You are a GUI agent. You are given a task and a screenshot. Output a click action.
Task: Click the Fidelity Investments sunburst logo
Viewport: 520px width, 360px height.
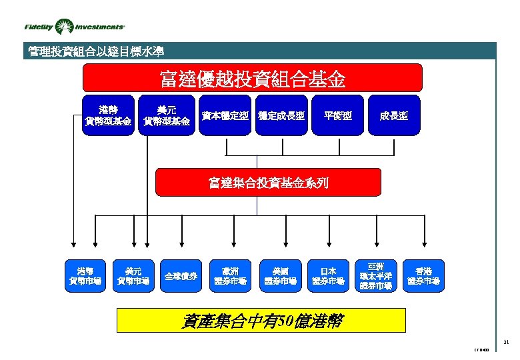(x=65, y=27)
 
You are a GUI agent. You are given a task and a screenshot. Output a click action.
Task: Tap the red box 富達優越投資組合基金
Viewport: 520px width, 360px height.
(x=252, y=79)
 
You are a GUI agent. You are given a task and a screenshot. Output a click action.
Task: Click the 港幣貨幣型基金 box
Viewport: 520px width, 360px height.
(x=108, y=115)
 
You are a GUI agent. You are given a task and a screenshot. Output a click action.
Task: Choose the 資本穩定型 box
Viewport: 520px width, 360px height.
(x=225, y=116)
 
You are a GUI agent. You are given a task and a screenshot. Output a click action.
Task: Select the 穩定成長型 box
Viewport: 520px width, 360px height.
(x=281, y=116)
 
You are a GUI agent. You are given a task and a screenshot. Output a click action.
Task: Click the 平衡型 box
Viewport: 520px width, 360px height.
(x=337, y=116)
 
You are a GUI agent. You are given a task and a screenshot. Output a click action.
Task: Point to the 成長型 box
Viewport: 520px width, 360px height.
(x=393, y=116)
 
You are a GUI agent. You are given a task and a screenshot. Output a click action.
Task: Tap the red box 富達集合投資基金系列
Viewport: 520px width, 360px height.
(x=268, y=183)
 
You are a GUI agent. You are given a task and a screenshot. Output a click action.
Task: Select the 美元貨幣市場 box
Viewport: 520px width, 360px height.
(x=133, y=276)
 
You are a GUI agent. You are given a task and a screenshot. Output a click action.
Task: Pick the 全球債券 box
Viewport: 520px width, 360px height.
(x=181, y=276)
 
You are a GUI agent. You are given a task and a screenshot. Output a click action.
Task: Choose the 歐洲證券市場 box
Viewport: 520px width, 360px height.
(x=230, y=276)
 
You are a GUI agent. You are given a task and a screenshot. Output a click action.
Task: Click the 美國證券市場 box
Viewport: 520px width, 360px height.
(x=279, y=276)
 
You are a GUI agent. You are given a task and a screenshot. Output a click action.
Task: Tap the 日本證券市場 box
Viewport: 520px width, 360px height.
(x=328, y=276)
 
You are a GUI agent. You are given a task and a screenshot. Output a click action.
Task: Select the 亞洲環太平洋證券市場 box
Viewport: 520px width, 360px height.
(x=375, y=276)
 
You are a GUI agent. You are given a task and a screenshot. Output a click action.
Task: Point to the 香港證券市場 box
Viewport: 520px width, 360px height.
(x=423, y=276)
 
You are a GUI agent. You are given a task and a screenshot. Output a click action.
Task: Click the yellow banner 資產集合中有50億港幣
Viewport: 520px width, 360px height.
(x=261, y=321)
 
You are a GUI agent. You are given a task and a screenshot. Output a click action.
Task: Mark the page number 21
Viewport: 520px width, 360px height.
(x=506, y=342)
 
